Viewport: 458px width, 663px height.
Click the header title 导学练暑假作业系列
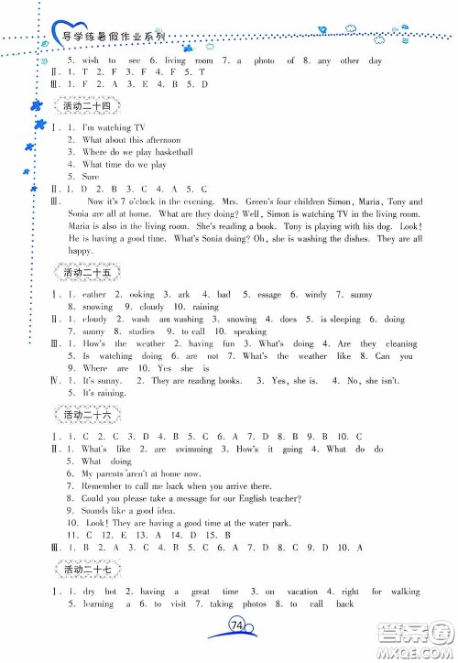point(105,37)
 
